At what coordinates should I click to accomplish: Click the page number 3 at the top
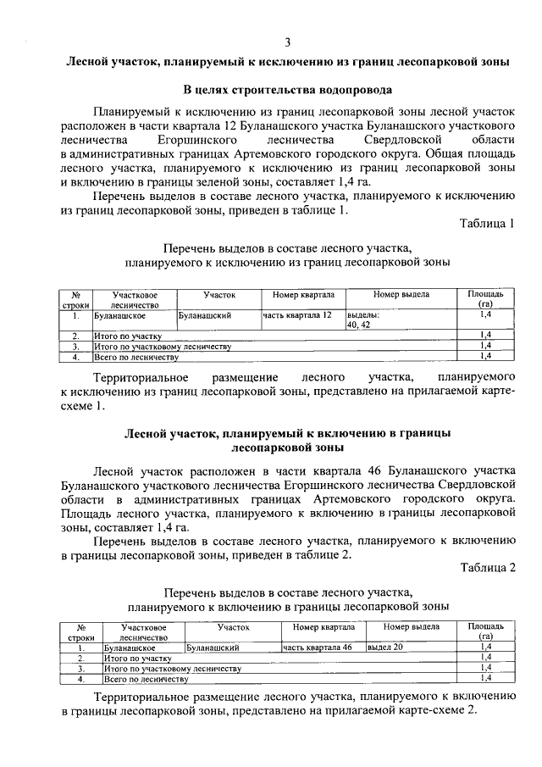[287, 42]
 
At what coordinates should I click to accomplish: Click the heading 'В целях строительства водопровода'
[288, 90]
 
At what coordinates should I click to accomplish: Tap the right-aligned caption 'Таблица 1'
[487, 224]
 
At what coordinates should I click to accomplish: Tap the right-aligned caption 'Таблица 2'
[487, 567]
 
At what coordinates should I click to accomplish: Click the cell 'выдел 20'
[385, 647]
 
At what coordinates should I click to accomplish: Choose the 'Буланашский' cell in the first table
[206, 315]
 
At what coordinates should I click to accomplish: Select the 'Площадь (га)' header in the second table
[485, 631]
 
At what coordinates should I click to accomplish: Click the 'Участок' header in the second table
[233, 627]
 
